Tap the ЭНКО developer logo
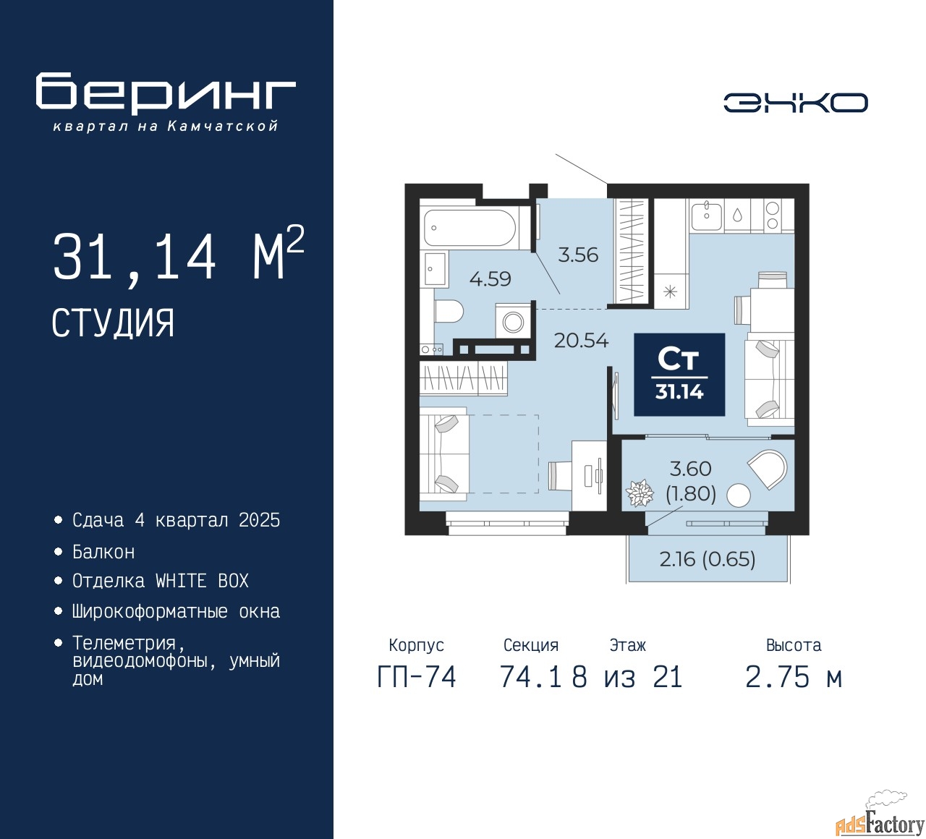pos(796,103)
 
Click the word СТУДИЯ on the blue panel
pos(113,323)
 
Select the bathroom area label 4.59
pos(490,278)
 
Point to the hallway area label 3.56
pos(578,255)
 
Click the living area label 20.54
pos(581,341)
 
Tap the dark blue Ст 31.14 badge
pos(679,374)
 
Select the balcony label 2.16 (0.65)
pos(708,559)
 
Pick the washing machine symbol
pos(513,321)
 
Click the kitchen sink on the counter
pos(706,215)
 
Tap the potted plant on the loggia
pos(640,493)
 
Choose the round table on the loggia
pos(738,495)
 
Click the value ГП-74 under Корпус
pos(417,678)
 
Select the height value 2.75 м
pos(794,678)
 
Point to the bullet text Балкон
pos(103,552)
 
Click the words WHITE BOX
pos(202,581)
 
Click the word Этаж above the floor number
pos(628,645)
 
